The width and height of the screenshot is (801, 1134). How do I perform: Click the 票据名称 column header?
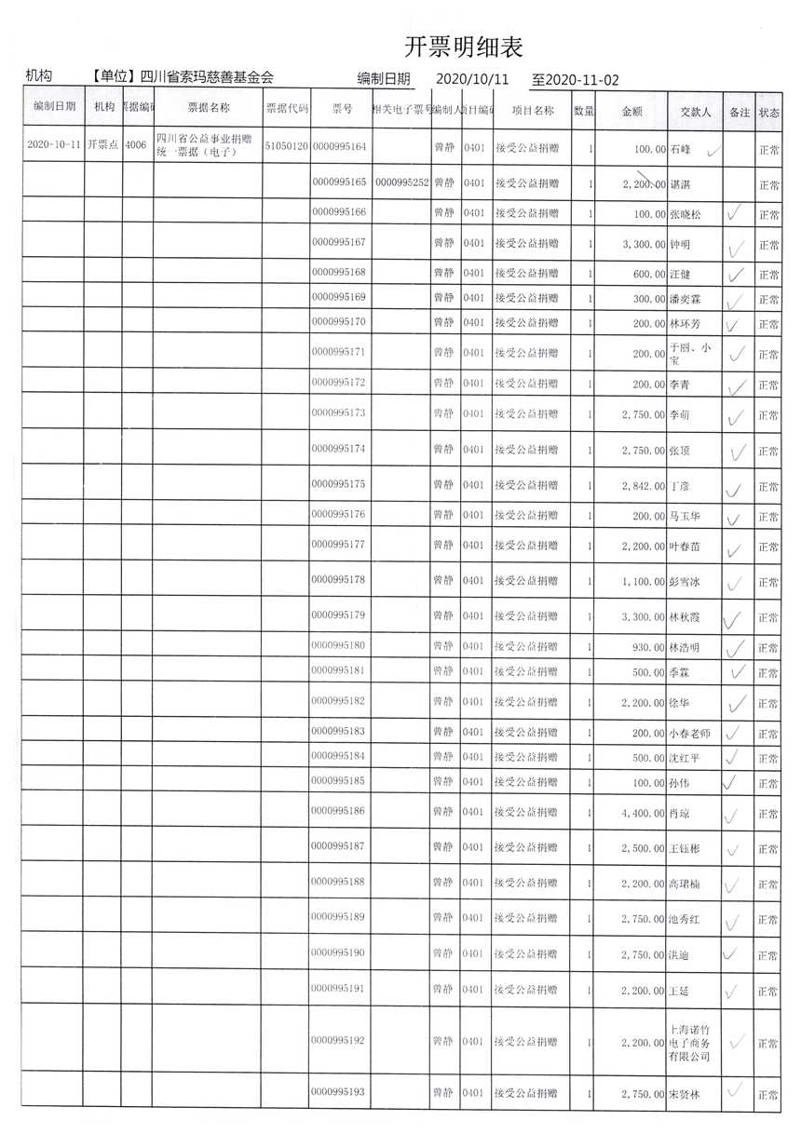coord(208,108)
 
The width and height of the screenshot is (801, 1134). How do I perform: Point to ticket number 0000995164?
coord(340,147)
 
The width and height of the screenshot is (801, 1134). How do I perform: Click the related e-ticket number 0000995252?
coord(401,182)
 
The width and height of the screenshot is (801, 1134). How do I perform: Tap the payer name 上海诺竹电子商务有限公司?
coord(690,1043)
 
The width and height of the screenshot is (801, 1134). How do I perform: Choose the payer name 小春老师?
coord(691,734)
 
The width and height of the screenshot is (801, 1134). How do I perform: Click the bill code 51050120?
coord(286,147)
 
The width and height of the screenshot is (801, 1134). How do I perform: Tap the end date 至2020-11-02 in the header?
coord(575,80)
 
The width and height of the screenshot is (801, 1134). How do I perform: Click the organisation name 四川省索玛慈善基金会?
coord(207,77)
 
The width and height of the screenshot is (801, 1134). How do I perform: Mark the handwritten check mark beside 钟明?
coord(737,247)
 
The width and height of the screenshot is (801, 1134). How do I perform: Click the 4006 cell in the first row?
coord(136,146)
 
